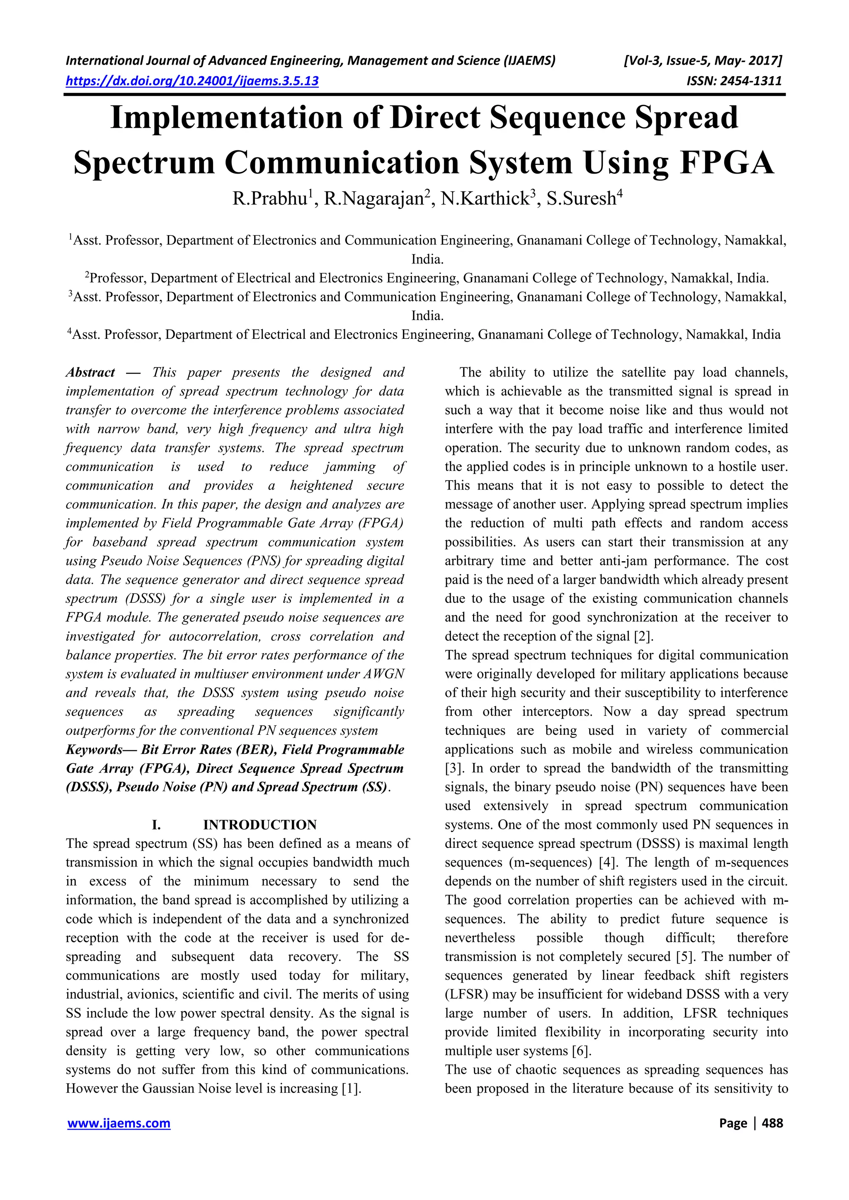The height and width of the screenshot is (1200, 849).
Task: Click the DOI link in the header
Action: coord(192,81)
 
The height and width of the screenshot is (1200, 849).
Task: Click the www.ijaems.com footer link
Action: coord(119,1123)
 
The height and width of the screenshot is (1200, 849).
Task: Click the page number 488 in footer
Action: coord(772,1123)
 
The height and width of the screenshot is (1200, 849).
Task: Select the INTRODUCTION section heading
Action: coord(260,825)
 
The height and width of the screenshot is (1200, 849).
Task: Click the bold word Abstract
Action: coord(90,373)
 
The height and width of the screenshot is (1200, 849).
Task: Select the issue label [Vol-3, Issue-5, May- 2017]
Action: coord(703,60)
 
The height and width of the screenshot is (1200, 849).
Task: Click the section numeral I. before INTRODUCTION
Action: coord(156,825)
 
